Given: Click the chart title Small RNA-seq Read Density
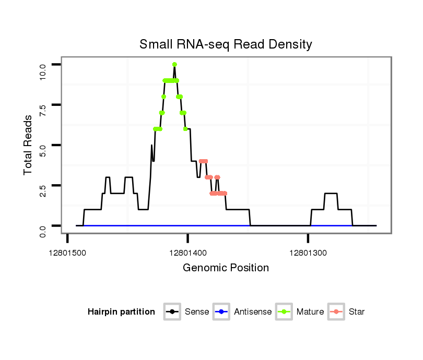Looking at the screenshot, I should [x=226, y=44].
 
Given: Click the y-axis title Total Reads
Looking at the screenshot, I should [x=28, y=145].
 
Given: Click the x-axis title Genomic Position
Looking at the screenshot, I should [x=226, y=268].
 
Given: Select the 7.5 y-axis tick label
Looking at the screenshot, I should [x=43, y=110].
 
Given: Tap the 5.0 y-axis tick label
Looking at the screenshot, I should [x=43, y=150].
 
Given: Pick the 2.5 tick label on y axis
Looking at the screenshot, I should [x=43, y=190].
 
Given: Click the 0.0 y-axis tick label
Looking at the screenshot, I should [x=43, y=231].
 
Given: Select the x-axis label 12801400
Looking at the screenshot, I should [x=188, y=253].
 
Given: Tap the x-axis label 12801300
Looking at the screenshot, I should [x=308, y=253].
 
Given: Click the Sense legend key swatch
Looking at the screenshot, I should [x=172, y=312].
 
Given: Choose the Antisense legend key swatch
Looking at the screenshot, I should [x=221, y=312].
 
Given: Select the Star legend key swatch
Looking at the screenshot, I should [x=336, y=312].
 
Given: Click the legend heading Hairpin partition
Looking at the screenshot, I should [x=121, y=312].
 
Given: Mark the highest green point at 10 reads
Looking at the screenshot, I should [x=174, y=64].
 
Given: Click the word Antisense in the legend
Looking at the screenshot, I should [x=253, y=312].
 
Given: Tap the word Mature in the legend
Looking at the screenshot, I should [x=310, y=312].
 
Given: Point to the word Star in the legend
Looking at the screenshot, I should [x=357, y=312].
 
